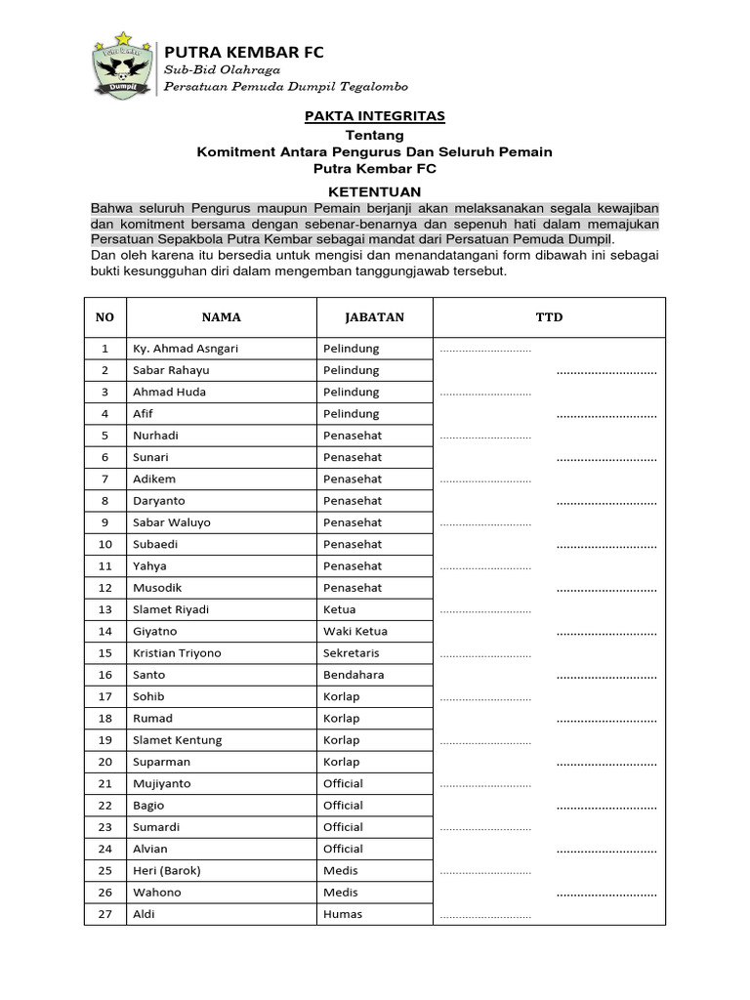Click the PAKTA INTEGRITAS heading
pyautogui.click(x=374, y=116)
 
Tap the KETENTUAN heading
pyautogui.click(x=374, y=192)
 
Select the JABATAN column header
pyautogui.click(x=374, y=317)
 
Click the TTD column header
pyautogui.click(x=549, y=317)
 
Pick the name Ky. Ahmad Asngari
pyautogui.click(x=186, y=349)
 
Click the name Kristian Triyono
pyautogui.click(x=177, y=653)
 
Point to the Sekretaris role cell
pyautogui.click(x=352, y=653)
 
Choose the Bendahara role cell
pyautogui.click(x=354, y=675)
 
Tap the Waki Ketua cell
pyautogui.click(x=355, y=632)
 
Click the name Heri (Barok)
pyautogui.click(x=167, y=871)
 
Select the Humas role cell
pyautogui.click(x=343, y=914)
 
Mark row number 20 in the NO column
pyautogui.click(x=105, y=762)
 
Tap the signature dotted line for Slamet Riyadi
pyautogui.click(x=485, y=611)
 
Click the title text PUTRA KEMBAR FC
pyautogui.click(x=243, y=52)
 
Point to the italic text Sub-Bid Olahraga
pyautogui.click(x=222, y=70)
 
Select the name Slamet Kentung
pyautogui.click(x=178, y=740)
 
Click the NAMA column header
pyautogui.click(x=221, y=317)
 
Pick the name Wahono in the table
pyautogui.click(x=157, y=893)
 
